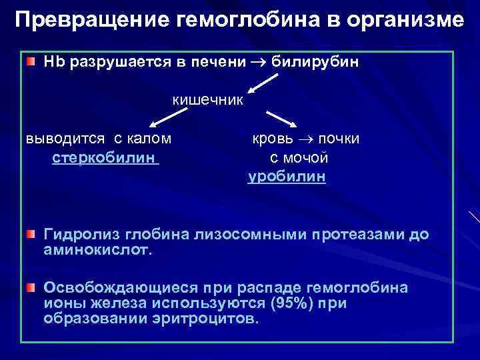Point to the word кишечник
coord(208,100)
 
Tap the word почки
coord(338,139)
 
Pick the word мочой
coord(309,158)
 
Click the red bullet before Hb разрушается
coord(31,62)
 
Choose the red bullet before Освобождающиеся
coord(31,288)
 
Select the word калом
coord(151,139)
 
